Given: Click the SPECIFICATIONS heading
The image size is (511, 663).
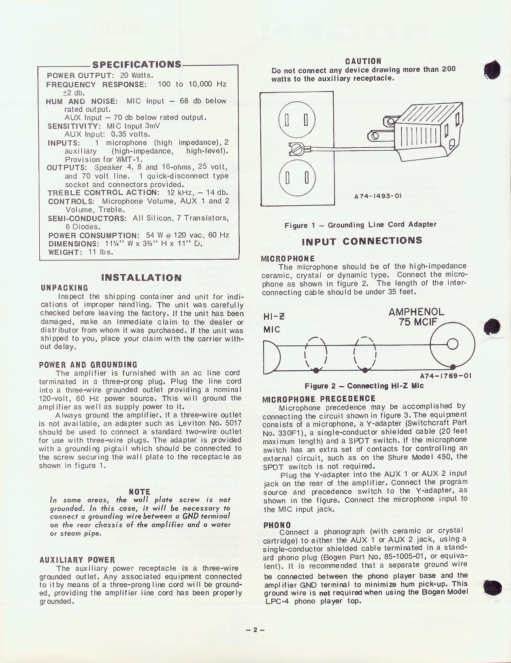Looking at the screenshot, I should (x=137, y=65).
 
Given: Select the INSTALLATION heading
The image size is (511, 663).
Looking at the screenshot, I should (x=141, y=278).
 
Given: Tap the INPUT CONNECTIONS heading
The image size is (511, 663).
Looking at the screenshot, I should (x=362, y=241).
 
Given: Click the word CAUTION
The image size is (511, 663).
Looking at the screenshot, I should (x=363, y=61).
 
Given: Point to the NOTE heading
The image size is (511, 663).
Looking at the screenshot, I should (x=139, y=492).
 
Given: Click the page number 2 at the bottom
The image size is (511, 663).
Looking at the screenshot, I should (x=255, y=630).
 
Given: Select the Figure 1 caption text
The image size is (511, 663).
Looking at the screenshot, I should (x=360, y=225).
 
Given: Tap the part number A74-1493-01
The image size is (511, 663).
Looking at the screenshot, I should (x=377, y=196).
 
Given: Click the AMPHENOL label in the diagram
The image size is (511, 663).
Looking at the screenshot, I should (x=416, y=312).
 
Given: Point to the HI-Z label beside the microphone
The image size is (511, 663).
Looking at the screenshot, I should (x=273, y=317).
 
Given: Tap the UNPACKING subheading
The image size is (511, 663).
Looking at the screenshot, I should (x=64, y=288).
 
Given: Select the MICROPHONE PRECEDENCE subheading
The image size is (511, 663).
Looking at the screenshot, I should (x=319, y=399).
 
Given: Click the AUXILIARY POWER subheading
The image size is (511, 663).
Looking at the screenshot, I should (x=77, y=560).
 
